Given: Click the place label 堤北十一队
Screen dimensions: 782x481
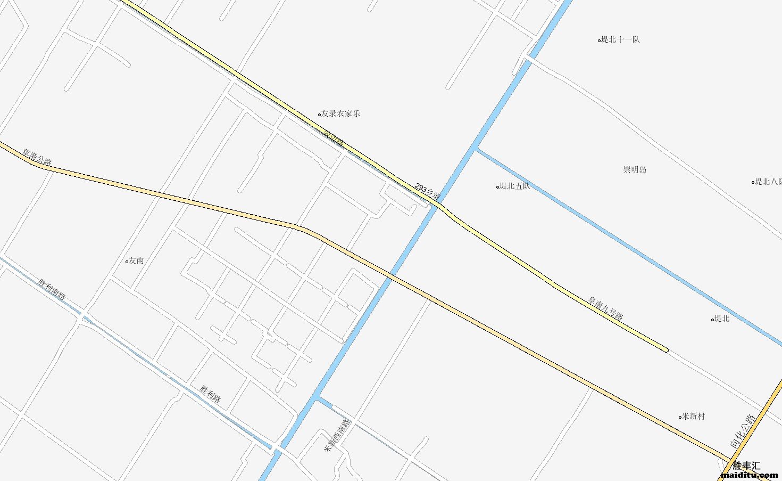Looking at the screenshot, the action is pyautogui.click(x=620, y=39).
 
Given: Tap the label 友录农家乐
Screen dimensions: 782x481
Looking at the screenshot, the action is pyautogui.click(x=340, y=113).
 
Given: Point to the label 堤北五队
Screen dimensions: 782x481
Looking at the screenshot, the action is pyautogui.click(x=514, y=186).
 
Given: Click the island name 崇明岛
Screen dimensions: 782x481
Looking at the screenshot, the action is pyautogui.click(x=635, y=170).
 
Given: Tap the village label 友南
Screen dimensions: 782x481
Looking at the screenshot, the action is pyautogui.click(x=136, y=260).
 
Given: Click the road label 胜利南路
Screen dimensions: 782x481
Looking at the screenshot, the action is pyautogui.click(x=52, y=289).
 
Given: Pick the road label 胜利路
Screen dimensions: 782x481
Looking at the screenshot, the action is pyautogui.click(x=210, y=394).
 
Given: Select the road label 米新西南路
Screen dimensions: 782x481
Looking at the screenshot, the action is pyautogui.click(x=338, y=436).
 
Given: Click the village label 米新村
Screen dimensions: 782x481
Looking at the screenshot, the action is pyautogui.click(x=694, y=416).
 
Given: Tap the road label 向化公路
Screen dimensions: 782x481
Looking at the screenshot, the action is pyautogui.click(x=743, y=430).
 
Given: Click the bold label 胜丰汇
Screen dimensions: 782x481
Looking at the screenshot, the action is pyautogui.click(x=746, y=465).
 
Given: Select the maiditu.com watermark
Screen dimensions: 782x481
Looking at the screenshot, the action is pyautogui.click(x=749, y=475).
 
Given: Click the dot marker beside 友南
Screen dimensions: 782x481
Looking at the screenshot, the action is pyautogui.click(x=127, y=261).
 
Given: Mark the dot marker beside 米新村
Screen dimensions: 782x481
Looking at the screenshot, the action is pyautogui.click(x=680, y=417).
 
